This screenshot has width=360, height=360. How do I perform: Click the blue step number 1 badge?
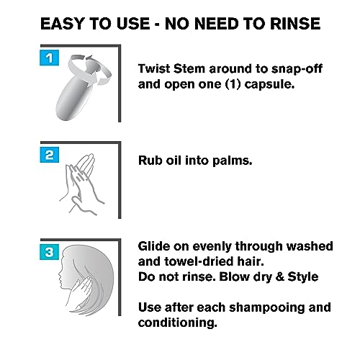click(49, 58)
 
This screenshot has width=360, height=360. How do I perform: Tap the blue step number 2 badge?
click(49, 155)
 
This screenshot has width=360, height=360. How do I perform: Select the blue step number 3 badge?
click(49, 252)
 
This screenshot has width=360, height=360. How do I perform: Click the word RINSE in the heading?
click(295, 24)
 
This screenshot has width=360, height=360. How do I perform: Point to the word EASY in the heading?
click(63, 24)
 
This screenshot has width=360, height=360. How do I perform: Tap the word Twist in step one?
click(154, 68)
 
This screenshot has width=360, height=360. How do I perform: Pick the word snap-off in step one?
click(297, 68)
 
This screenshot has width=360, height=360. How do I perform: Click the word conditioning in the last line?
click(178, 323)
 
